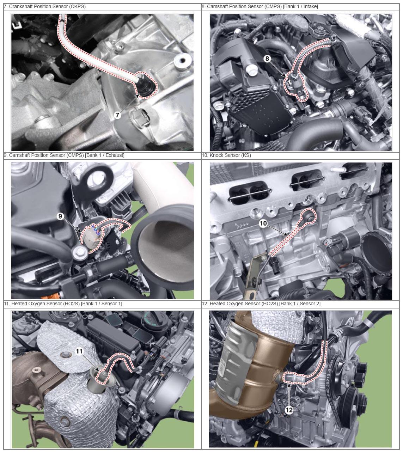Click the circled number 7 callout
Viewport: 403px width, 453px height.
pyautogui.click(x=117, y=115)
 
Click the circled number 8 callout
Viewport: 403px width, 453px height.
pyautogui.click(x=267, y=59)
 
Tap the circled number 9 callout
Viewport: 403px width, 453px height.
pyautogui.click(x=60, y=216)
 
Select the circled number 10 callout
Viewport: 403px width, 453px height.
pyautogui.click(x=263, y=223)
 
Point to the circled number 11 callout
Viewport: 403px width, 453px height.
pyautogui.click(x=79, y=351)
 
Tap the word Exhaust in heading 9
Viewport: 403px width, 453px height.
pyautogui.click(x=115, y=155)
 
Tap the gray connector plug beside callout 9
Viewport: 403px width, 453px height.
pyautogui.click(x=92, y=238)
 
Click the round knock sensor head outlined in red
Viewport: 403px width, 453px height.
pyautogui.click(x=309, y=215)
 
